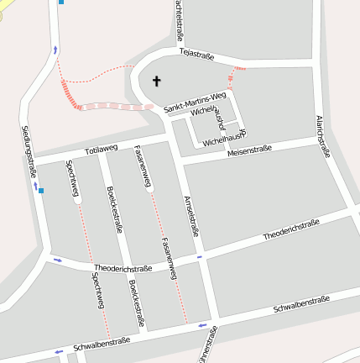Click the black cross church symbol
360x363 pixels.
pos(155,82)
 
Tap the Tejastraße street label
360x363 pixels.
pos(196,55)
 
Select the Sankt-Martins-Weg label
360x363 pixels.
pos(195,103)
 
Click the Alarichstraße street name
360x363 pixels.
pos(321,136)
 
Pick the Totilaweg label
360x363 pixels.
pos(101,150)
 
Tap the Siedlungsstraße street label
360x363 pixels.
pos(29,151)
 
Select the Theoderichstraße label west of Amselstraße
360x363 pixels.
pos(123,268)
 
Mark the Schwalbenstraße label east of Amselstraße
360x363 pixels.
pos(300,306)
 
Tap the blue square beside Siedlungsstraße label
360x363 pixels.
pos(40,190)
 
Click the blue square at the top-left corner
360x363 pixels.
pos(60,3)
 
